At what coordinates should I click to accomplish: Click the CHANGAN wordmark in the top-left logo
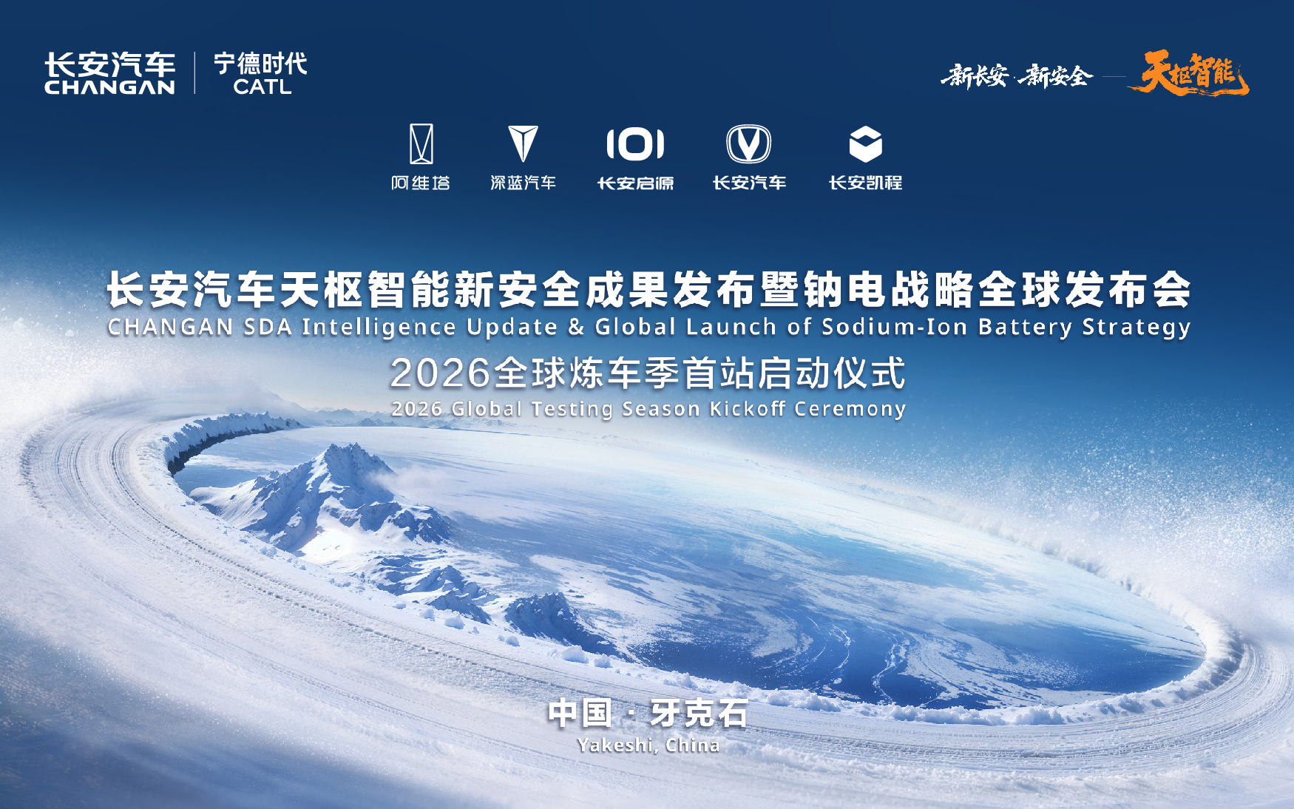[109, 87]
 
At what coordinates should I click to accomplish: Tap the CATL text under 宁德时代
[262, 87]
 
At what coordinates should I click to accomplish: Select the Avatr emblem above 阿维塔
[421, 143]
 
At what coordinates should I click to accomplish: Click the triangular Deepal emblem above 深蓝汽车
[523, 143]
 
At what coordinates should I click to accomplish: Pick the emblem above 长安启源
[635, 143]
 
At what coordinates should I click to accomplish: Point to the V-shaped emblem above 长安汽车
[748, 143]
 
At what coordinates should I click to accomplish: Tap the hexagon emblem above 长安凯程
[865, 143]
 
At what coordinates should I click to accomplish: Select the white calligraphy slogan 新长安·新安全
[1017, 75]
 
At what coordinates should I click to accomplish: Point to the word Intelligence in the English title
[379, 328]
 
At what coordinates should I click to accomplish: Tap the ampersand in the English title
[577, 327]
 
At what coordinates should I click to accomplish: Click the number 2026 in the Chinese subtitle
[441, 373]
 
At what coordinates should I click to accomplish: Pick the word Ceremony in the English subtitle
[850, 409]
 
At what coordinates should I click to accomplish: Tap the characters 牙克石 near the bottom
[699, 714]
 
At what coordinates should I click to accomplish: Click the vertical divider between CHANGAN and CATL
[195, 72]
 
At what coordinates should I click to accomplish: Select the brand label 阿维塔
[421, 183]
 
